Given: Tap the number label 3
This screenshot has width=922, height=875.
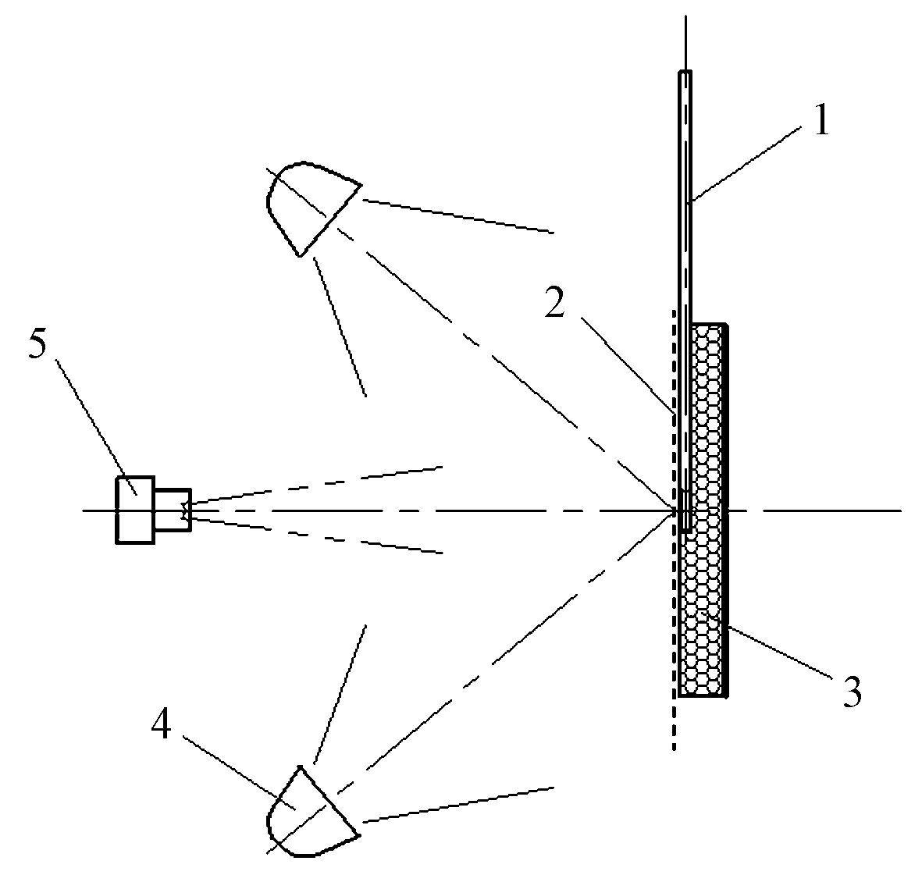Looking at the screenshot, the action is (850, 692).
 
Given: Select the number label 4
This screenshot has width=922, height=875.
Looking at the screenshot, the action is (161, 725).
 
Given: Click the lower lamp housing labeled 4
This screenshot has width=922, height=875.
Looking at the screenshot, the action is (311, 812).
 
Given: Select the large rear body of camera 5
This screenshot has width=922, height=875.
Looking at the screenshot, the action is (134, 510).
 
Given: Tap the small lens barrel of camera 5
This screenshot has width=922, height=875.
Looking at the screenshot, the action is (173, 510).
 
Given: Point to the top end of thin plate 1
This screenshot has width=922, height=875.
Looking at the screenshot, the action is (685, 73).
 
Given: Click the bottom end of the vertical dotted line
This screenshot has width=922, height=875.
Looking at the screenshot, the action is (674, 750).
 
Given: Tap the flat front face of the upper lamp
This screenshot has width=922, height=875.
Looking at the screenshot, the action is (330, 221).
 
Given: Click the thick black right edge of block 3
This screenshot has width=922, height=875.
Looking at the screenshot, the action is (728, 510).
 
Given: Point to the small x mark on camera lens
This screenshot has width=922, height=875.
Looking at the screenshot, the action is (186, 510).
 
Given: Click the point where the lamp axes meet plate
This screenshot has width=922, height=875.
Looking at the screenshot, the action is (675, 510).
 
